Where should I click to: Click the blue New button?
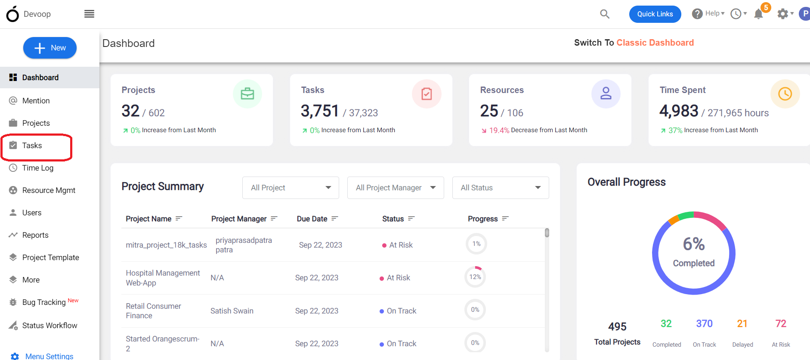pos(50,48)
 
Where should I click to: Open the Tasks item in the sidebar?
pos(32,146)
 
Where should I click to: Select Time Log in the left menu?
pos(38,168)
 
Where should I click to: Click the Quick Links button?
pos(655,14)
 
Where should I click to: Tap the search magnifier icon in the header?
pos(605,14)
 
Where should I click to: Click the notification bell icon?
pos(759,14)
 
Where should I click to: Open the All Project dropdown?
pos(291,188)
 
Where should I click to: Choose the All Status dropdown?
pos(501,188)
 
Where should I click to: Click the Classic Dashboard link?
pos(655,43)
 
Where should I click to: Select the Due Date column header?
pos(312,219)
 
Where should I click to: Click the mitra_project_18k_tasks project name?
pos(166,245)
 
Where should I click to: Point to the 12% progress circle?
pos(475,277)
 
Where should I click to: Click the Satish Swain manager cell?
pos(232,311)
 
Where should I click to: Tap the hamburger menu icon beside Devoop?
pos(89,14)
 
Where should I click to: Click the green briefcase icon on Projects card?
pos(247,94)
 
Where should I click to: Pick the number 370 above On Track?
pos(705,323)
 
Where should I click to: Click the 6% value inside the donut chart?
pos(694,244)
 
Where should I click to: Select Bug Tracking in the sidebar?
pos(44,302)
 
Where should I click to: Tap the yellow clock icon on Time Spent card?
pos(785,94)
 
